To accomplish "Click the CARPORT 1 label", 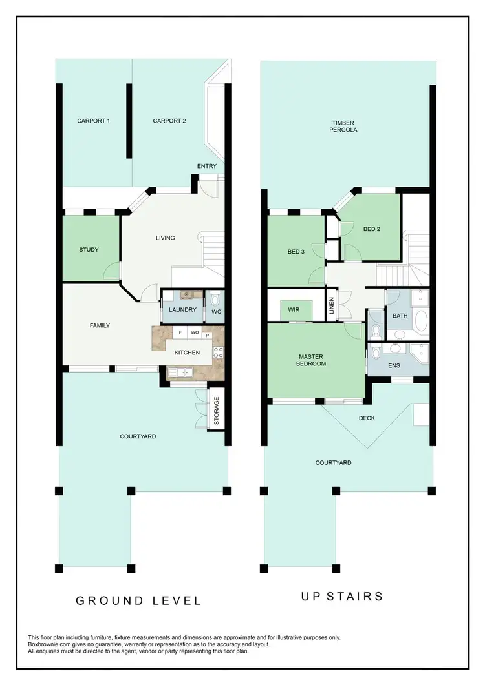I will point(93,121).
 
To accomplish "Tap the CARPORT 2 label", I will point(169,121).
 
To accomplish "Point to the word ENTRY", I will point(207,167).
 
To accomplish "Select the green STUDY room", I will point(89,249).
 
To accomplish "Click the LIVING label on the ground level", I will point(166,238).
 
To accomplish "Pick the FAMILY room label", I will point(100,325).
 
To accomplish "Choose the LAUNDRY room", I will point(182,310).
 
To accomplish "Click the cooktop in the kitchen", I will point(218,353).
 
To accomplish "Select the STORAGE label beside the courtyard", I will point(217,409).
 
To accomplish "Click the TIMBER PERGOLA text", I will point(344,127).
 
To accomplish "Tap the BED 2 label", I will point(371,229).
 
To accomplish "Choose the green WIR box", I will point(295,310).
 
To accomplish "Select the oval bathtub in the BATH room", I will point(420,320).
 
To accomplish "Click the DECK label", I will point(367,418).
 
